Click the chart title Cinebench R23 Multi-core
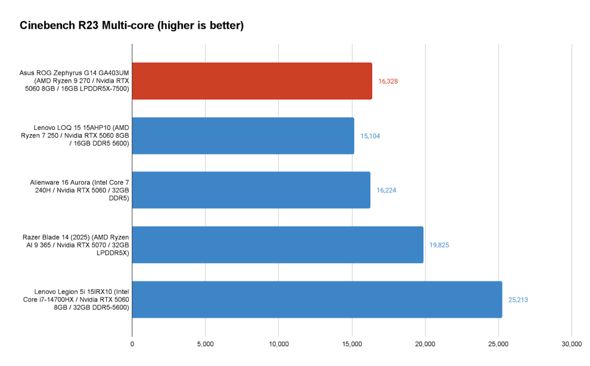point(132,26)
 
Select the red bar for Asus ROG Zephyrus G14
point(252,81)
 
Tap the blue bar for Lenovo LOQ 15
point(243,136)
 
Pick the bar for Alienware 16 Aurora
point(251,190)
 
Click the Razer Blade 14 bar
point(277,245)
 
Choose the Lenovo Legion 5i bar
point(317,300)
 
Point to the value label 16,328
point(388,81)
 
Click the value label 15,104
point(370,136)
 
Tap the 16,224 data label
point(386,190)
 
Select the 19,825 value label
point(439,245)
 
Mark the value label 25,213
point(518,300)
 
